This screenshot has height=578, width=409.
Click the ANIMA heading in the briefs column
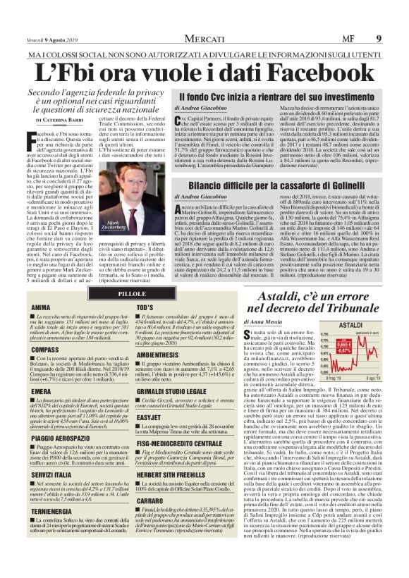click(41, 308)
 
